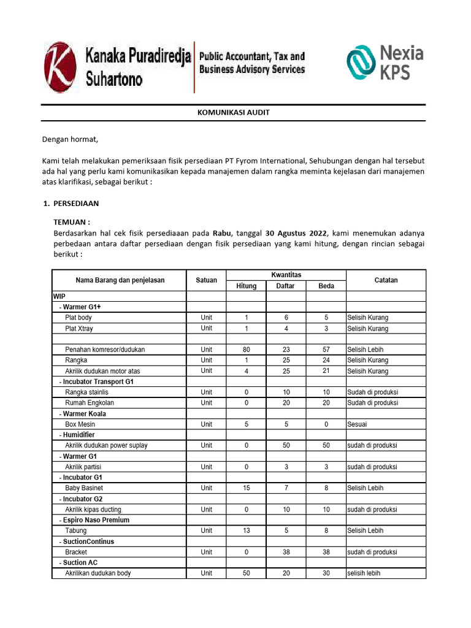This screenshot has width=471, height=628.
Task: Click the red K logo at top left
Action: click(x=60, y=67)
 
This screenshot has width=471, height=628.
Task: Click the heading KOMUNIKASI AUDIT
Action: click(x=233, y=113)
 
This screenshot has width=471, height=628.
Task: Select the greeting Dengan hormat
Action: click(x=70, y=140)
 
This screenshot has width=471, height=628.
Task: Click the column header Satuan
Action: click(x=206, y=280)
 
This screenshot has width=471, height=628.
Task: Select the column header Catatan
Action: click(x=386, y=280)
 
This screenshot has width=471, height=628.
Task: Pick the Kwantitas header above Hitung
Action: click(x=286, y=275)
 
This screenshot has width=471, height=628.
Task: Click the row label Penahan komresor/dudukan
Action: click(x=105, y=350)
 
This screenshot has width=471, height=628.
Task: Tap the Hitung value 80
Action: click(x=247, y=350)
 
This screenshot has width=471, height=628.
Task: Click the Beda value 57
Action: click(x=326, y=350)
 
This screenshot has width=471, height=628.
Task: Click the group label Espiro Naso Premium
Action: click(x=96, y=520)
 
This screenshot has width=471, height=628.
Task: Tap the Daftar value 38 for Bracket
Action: click(x=286, y=552)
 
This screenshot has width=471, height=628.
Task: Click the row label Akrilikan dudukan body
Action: click(x=98, y=573)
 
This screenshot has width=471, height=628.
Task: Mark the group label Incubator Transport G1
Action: click(x=98, y=381)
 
